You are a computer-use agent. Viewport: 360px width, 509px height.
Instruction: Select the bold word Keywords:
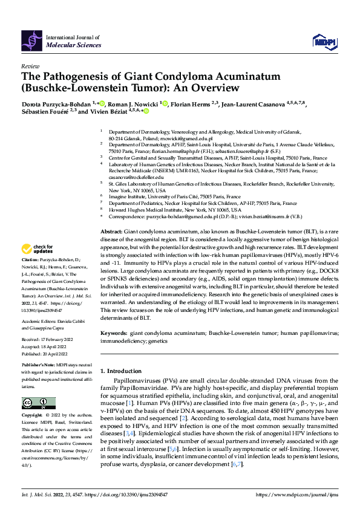114,332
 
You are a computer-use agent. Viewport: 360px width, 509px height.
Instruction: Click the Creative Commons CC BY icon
39,403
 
